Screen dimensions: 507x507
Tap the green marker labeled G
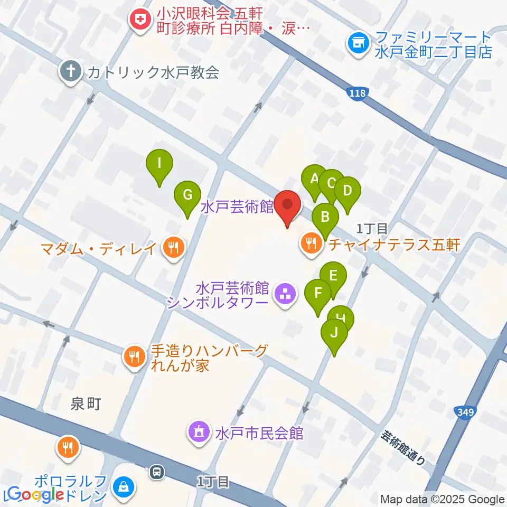(x=187, y=195)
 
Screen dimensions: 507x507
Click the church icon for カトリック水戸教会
(x=70, y=72)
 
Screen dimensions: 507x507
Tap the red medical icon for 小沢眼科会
(x=140, y=20)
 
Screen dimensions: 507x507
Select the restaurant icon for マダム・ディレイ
(x=172, y=247)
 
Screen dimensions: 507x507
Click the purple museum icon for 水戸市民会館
(x=199, y=433)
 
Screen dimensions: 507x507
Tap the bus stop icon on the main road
(x=157, y=472)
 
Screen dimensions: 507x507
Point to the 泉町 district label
(x=85, y=405)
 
